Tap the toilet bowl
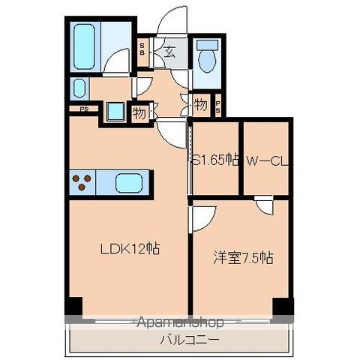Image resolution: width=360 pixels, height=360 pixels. tap(205, 55)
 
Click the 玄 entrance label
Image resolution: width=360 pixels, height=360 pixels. tap(169, 52)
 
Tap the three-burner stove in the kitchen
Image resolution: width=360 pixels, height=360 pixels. tap(82, 182)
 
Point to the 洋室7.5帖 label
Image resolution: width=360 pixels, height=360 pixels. tap(241, 258)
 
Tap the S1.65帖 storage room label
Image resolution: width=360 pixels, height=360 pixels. tap(215, 159)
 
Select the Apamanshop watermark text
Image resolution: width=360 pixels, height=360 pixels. tap(180, 323)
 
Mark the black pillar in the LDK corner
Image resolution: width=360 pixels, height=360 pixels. tap(73, 306)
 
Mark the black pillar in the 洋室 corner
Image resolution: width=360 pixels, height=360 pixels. tap(282, 306)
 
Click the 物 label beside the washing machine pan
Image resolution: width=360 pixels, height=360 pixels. tap(138, 113)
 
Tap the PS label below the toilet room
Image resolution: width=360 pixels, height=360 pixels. tap(217, 104)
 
